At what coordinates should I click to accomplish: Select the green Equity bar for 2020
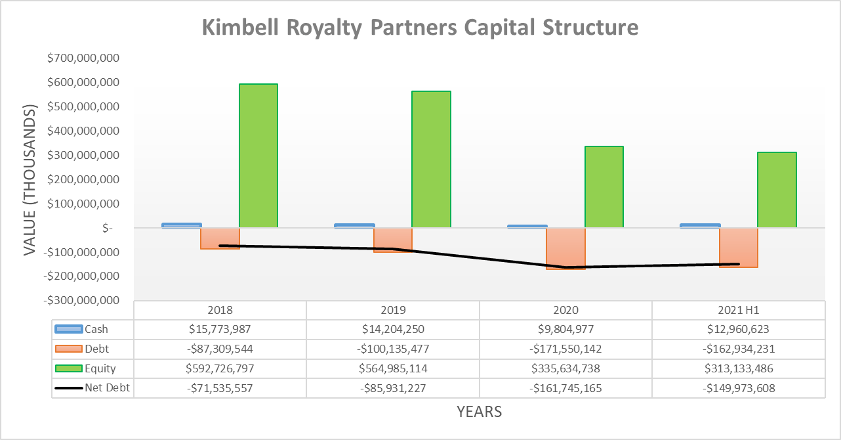pos(604,187)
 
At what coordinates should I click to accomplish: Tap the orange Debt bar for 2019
pos(393,240)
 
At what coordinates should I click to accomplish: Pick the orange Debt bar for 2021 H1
pos(739,248)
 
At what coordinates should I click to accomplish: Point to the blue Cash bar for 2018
pos(181,225)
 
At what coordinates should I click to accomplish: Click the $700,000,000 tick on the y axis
pos(83,58)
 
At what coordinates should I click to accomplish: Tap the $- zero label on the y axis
pos(108,228)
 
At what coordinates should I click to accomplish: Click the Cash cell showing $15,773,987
pos(220,330)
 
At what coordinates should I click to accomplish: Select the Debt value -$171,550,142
pos(565,349)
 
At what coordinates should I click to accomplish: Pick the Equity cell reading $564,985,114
pos(392,369)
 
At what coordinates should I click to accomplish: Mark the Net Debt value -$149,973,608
pos(738,388)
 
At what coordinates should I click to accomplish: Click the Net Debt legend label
pos(107,388)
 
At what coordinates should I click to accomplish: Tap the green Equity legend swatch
pos(68,369)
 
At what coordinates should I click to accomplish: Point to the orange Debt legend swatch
pos(68,349)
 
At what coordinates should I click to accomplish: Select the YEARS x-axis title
pos(480,412)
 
